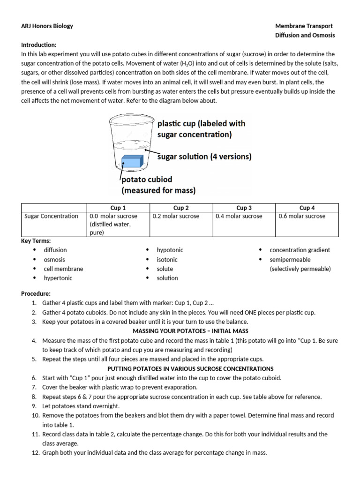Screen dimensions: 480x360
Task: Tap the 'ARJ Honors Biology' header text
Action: click(x=47, y=26)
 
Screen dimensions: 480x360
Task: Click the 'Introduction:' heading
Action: click(x=39, y=45)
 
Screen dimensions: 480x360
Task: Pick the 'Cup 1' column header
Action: click(x=117, y=208)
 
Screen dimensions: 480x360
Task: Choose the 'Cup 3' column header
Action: click(x=244, y=208)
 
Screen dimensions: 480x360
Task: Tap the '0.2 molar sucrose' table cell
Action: click(x=176, y=216)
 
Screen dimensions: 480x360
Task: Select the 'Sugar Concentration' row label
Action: click(x=51, y=216)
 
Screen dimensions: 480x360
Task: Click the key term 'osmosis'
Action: click(x=54, y=259)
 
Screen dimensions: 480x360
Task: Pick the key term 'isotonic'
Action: click(x=167, y=259)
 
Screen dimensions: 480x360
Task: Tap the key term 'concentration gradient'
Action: click(x=300, y=250)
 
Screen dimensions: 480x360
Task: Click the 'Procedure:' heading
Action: click(x=36, y=293)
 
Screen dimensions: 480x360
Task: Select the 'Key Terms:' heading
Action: click(x=36, y=240)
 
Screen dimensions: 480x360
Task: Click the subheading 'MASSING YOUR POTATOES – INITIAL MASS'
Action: click(x=190, y=331)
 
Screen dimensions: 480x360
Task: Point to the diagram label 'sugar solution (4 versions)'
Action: click(x=204, y=157)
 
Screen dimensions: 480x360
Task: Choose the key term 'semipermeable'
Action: click(x=290, y=259)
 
